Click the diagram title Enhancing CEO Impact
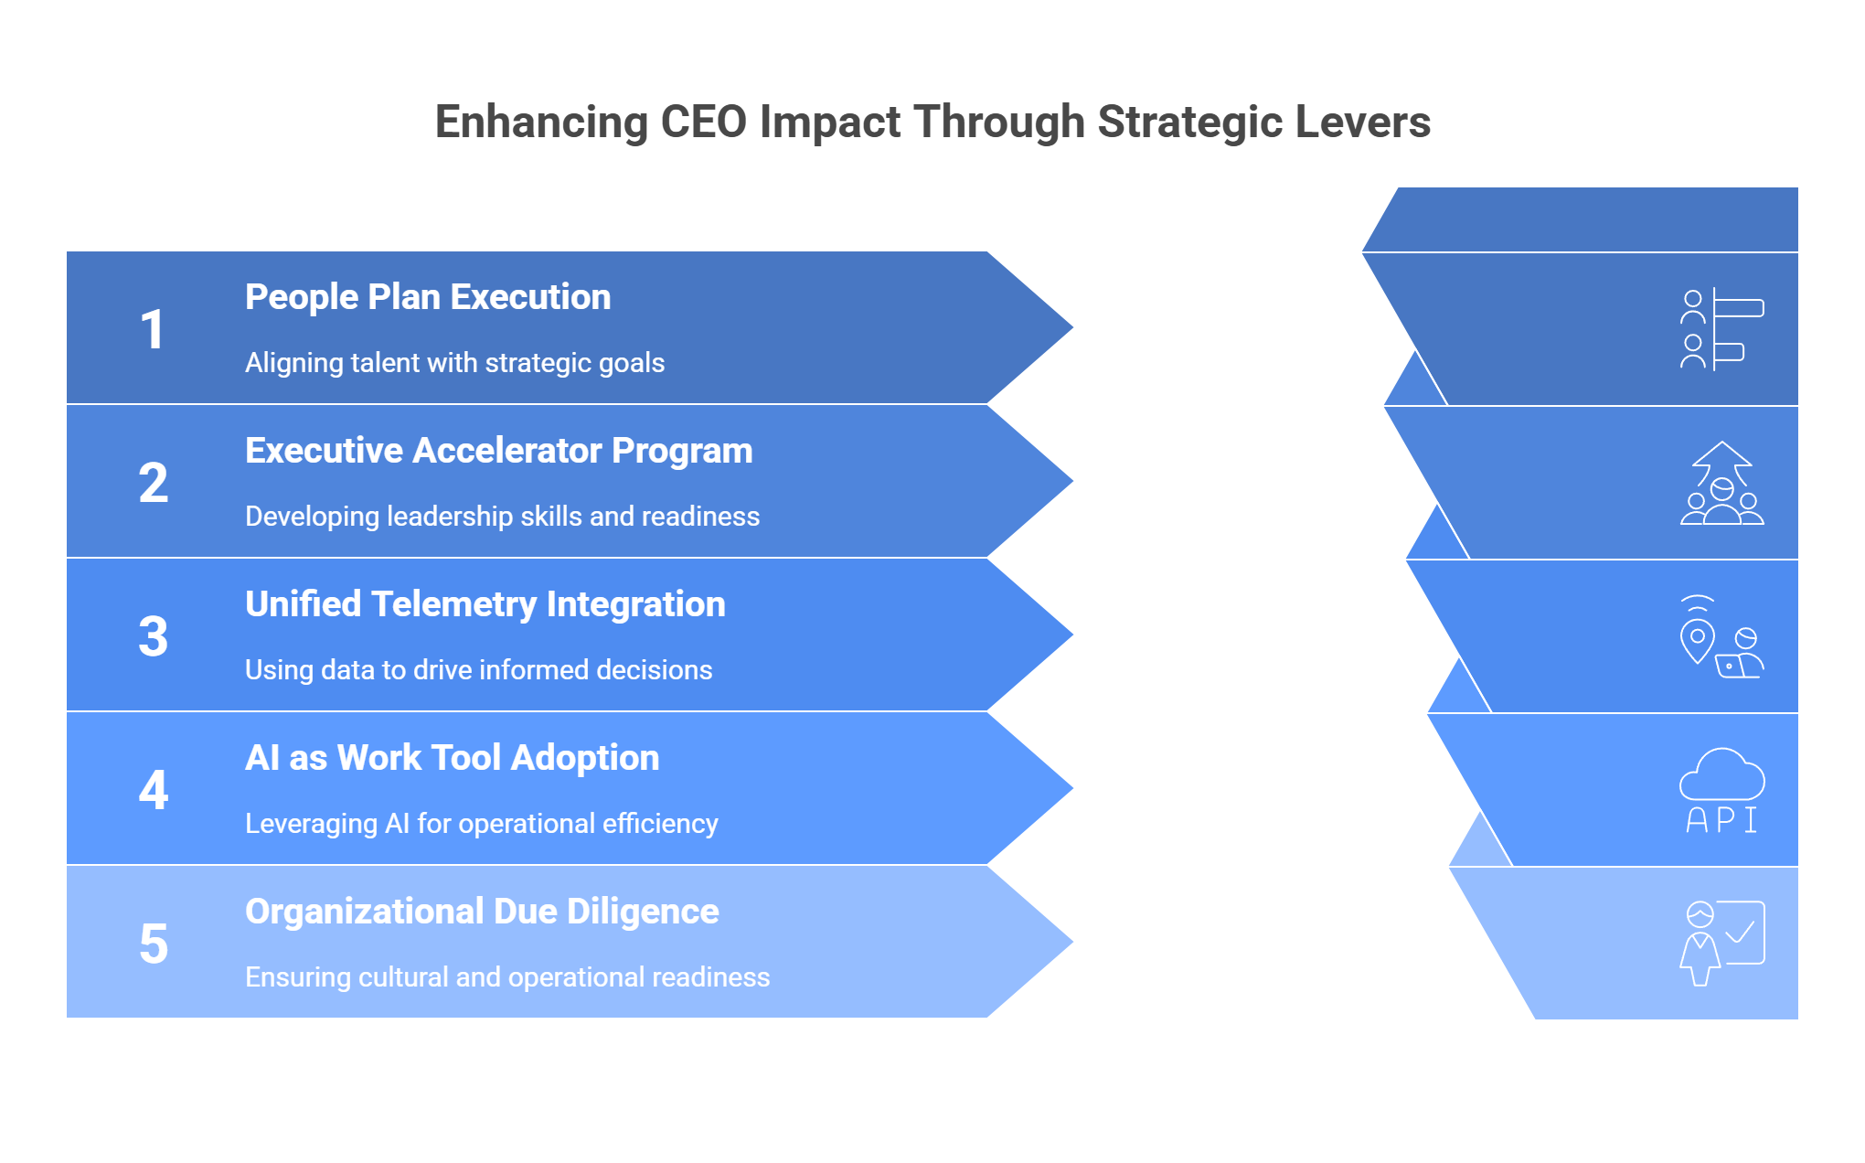[x=932, y=123]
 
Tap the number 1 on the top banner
[x=153, y=329]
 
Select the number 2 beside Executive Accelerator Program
[x=154, y=483]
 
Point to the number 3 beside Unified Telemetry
[x=154, y=636]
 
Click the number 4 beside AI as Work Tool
[x=154, y=790]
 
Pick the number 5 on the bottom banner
[x=154, y=944]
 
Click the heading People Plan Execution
[x=428, y=297]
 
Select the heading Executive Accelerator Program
[x=499, y=451]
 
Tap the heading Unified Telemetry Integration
[x=485, y=604]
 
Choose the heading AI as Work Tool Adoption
[x=453, y=758]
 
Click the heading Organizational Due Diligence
[x=482, y=912]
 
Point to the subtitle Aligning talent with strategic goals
[x=454, y=363]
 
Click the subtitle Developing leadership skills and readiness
[x=502, y=517]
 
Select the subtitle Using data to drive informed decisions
[x=478, y=670]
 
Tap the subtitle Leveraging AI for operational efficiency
[x=482, y=824]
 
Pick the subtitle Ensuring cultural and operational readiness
[x=507, y=977]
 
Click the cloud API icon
[x=1722, y=790]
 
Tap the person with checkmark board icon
[x=1722, y=944]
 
